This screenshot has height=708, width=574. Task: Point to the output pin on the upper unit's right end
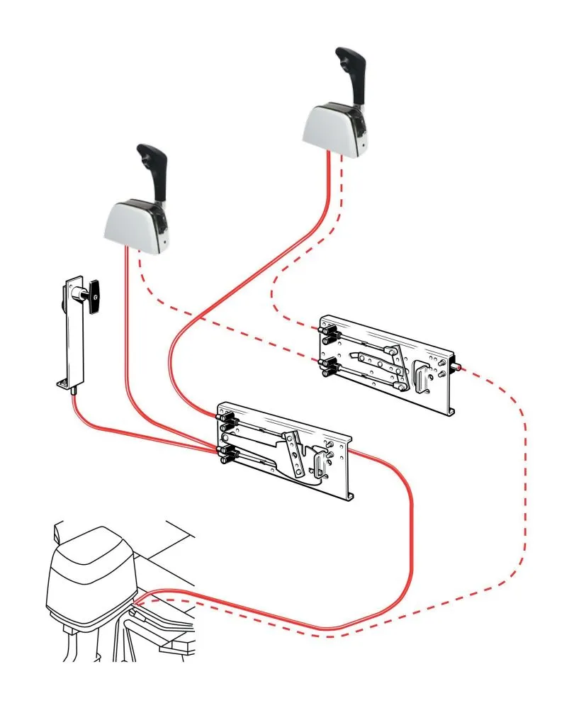tap(458, 367)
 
